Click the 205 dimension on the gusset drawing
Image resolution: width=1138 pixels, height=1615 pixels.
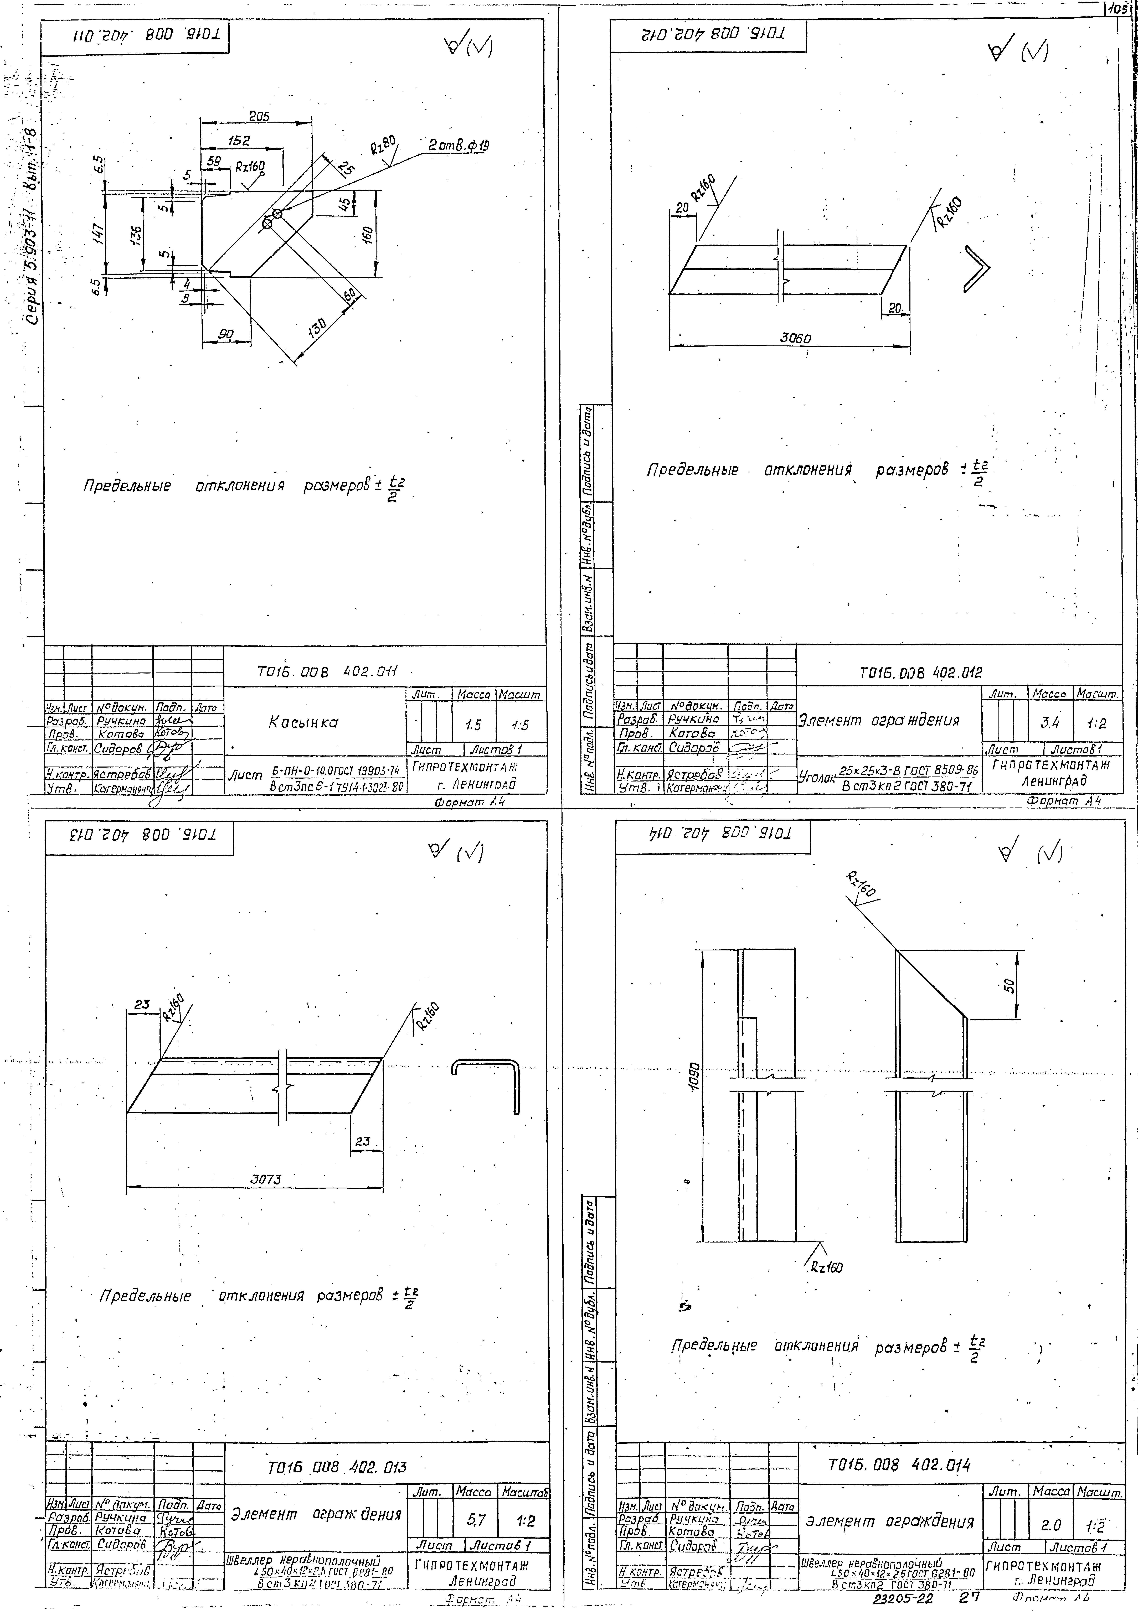259,117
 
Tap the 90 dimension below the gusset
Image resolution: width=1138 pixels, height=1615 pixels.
225,335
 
